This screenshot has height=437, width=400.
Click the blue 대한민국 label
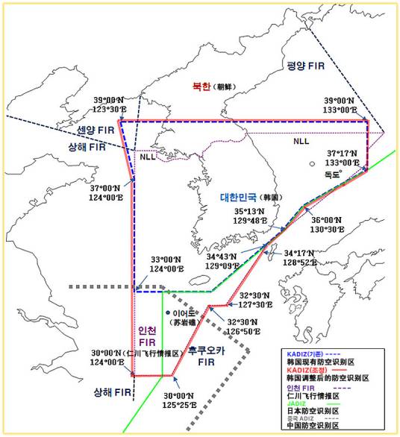coord(237,198)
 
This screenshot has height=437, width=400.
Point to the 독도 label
coord(332,173)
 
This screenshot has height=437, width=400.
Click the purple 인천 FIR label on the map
coord(146,337)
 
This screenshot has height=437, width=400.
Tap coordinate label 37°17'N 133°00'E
coord(344,157)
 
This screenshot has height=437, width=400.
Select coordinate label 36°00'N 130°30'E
coord(328,225)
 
